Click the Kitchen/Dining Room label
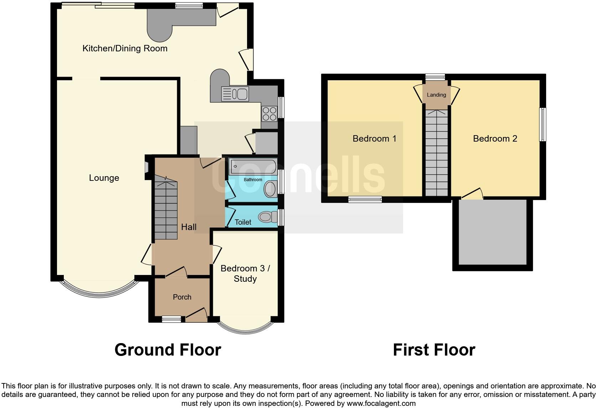pos(125,49)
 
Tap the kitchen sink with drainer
pos(235,94)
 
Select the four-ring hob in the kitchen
pos(269,114)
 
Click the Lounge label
pos(104,178)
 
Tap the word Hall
pos(189,227)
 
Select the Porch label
pos(182,297)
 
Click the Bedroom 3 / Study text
pos(245,274)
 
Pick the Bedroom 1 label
pos(374,139)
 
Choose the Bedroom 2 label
pos(495,139)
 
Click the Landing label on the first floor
pos(436,95)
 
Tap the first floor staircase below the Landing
pos(436,153)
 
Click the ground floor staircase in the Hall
pos(166,210)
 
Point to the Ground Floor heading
pos(168,350)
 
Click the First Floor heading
pos(434,350)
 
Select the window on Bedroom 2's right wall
pos(543,125)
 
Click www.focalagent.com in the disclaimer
pos(381,404)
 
